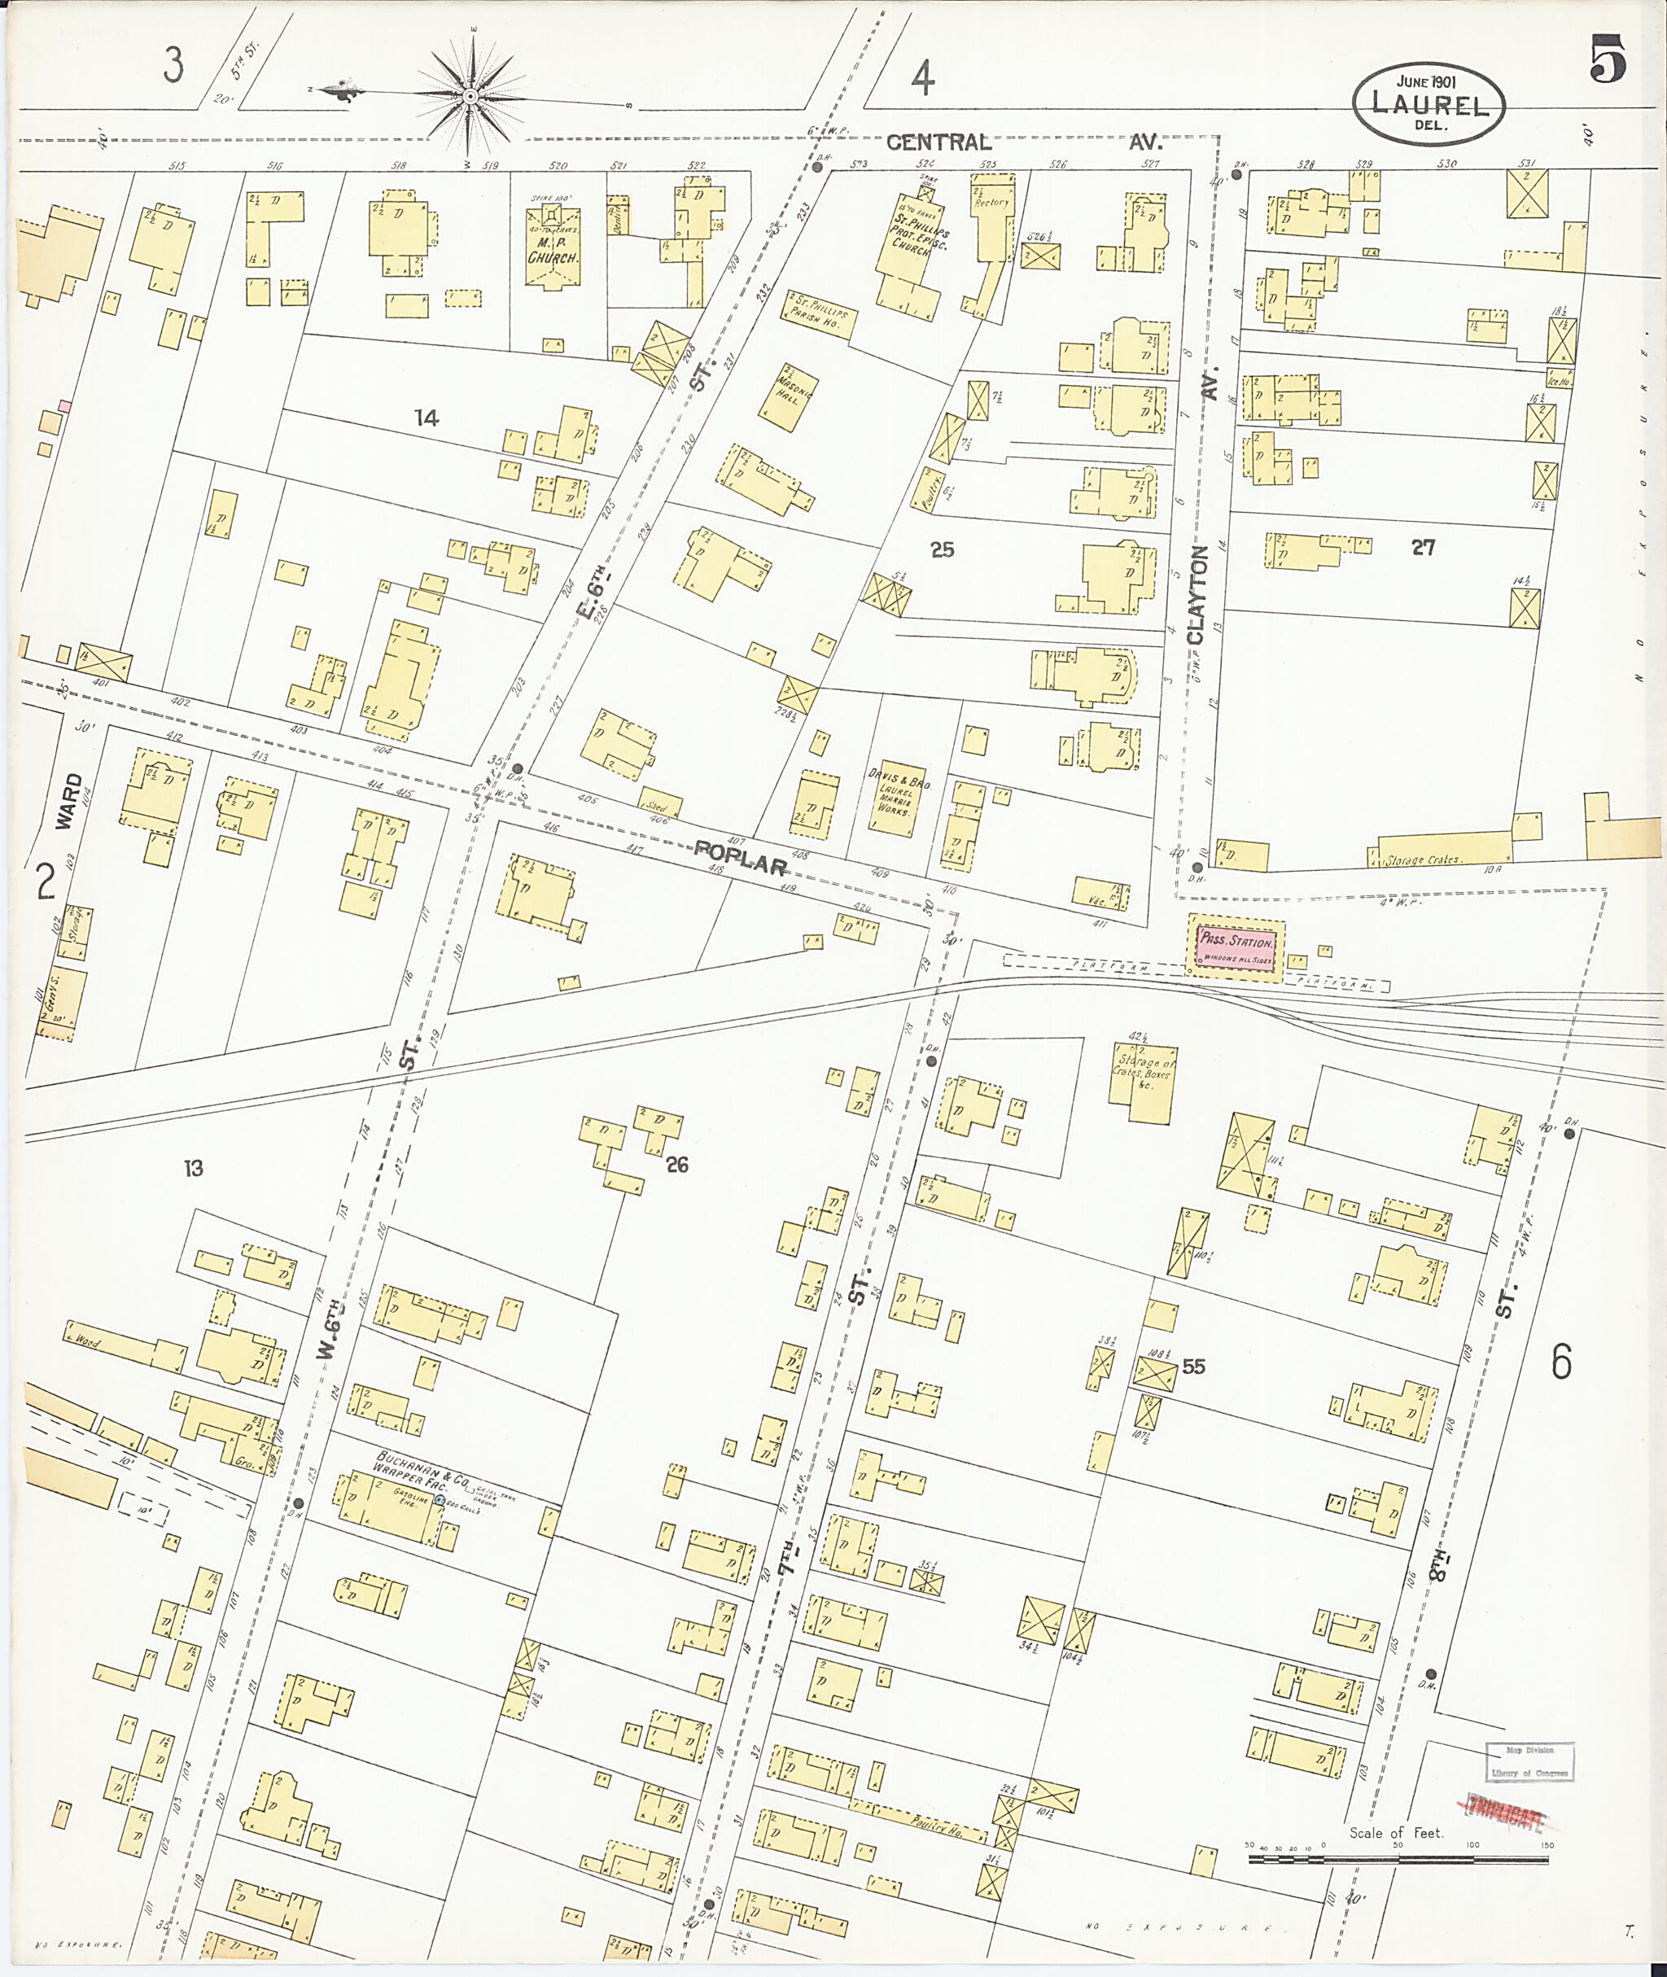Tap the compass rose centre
coord(470,95)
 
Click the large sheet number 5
coord(1607,59)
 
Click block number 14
coord(427,418)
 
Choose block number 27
coord(1423,547)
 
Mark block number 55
coord(1193,1367)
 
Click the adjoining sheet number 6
coord(1560,1362)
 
